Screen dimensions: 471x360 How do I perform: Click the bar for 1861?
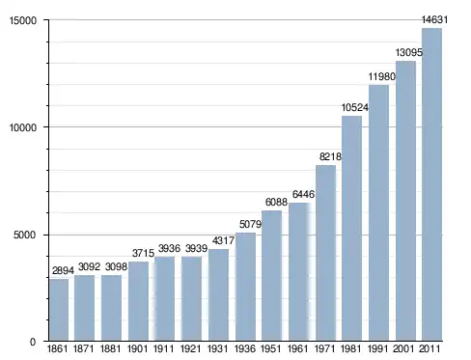tap(59, 310)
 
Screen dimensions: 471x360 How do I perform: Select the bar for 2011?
tap(431, 184)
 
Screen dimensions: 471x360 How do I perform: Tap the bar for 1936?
tap(245, 287)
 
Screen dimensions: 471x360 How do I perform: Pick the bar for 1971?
tap(325, 253)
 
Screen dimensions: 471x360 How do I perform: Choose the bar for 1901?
tap(138, 301)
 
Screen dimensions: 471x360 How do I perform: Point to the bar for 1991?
tap(378, 212)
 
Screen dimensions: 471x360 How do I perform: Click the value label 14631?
tap(434, 20)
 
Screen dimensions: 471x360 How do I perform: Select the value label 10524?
tap(355, 107)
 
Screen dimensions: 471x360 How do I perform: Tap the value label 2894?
tap(63, 270)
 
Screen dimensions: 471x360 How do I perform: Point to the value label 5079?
tap(250, 224)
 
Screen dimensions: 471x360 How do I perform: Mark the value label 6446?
tap(303, 194)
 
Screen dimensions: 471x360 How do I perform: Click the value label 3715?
tap(144, 253)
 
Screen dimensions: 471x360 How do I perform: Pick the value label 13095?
tap(409, 52)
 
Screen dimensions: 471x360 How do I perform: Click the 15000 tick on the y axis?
tap(23, 20)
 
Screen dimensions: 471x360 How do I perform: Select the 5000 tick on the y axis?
tap(24, 235)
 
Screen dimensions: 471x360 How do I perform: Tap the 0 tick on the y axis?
tap(33, 342)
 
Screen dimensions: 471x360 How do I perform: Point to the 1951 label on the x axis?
tap(271, 349)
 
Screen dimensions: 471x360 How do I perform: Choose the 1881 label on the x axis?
tap(111, 349)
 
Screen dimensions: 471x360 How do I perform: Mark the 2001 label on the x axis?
tap(403, 349)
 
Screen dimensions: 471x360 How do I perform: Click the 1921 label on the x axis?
tap(191, 349)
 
